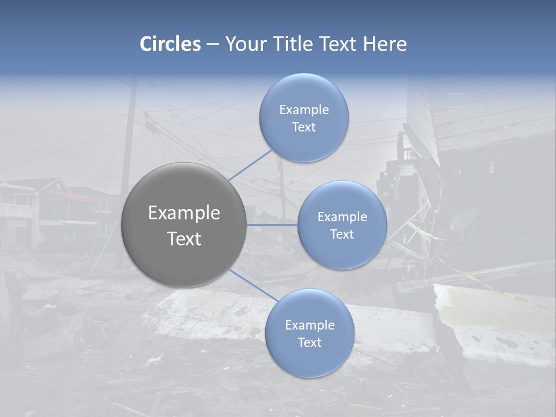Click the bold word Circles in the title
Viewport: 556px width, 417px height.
[x=170, y=44]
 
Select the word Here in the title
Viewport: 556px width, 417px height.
[x=385, y=44]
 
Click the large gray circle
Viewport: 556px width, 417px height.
[x=184, y=225]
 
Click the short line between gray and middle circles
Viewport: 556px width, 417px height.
[x=272, y=225]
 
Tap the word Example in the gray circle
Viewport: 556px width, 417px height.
[x=184, y=213]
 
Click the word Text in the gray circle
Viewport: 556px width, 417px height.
[x=184, y=238]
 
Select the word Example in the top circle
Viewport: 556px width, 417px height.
[x=303, y=109]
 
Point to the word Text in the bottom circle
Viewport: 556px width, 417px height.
[x=309, y=342]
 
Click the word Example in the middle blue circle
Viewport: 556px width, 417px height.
[x=342, y=217]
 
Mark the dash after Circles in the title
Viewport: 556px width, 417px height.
[x=213, y=44]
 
